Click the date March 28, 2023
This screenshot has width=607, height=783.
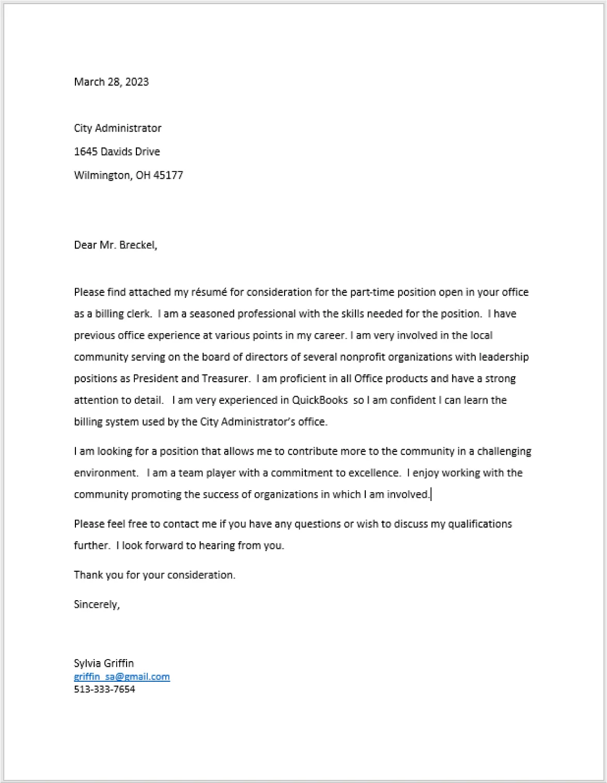(111, 82)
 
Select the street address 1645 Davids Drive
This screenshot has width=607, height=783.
(117, 151)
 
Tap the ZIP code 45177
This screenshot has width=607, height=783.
(168, 175)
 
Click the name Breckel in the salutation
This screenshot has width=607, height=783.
(137, 245)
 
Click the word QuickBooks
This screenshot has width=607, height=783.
(320, 400)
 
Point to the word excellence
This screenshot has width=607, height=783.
(374, 473)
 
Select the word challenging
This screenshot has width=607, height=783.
(504, 451)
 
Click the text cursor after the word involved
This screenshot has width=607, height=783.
(431, 495)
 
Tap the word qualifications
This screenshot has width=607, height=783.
(479, 524)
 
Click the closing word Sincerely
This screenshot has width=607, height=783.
(97, 604)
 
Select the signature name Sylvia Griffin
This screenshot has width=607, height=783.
(104, 663)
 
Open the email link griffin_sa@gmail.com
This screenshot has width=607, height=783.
(121, 677)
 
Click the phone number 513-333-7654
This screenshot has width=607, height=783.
(104, 690)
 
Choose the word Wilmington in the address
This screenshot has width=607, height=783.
(102, 175)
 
